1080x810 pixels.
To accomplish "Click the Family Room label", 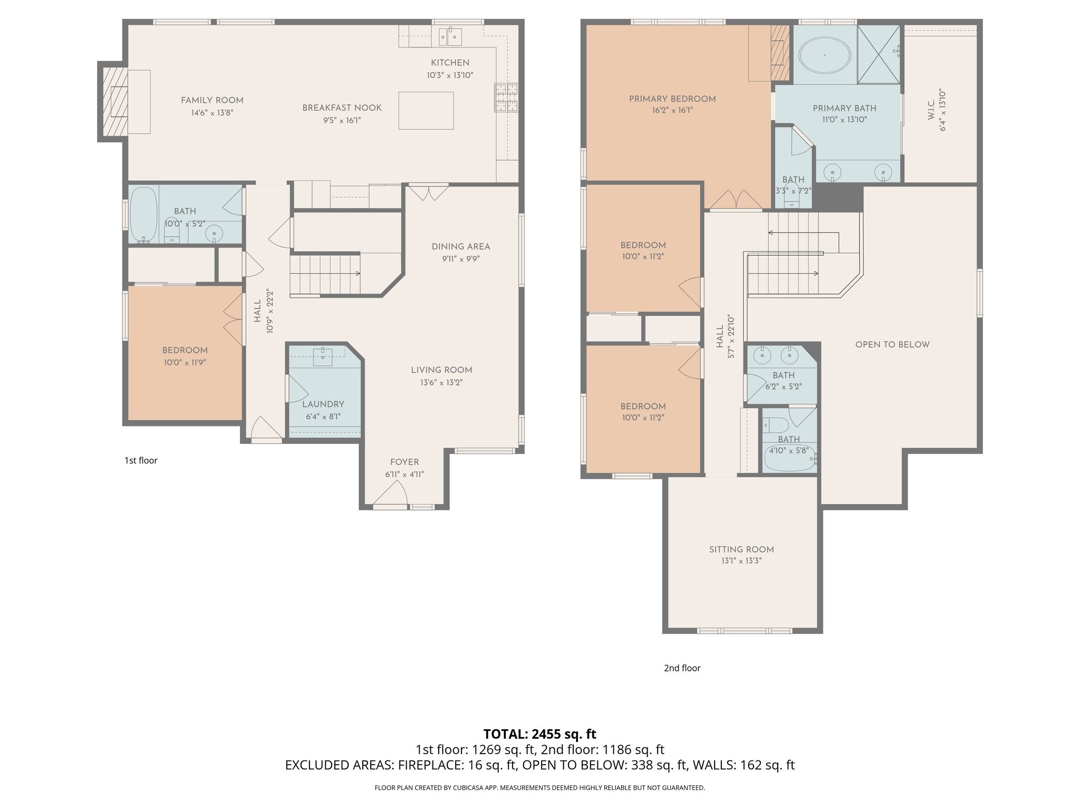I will [212, 100].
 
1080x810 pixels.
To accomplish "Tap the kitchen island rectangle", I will [426, 111].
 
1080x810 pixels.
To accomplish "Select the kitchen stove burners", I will [506, 98].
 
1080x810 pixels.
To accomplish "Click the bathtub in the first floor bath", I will [143, 214].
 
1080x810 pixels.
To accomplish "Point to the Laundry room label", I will [323, 404].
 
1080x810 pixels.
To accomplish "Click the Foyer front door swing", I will [391, 495].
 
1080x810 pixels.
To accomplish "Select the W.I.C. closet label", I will [931, 111].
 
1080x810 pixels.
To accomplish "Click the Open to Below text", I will [892, 344].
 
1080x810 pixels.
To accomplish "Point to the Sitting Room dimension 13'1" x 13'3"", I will [741, 561].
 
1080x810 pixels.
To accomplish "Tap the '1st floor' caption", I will [141, 460].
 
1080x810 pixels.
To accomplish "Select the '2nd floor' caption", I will [682, 668].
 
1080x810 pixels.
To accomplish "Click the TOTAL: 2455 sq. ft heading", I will [539, 734].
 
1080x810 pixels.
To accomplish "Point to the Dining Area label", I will [460, 246].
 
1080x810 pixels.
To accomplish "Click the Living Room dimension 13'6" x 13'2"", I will [441, 382].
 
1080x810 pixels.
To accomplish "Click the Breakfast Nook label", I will [342, 108].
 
